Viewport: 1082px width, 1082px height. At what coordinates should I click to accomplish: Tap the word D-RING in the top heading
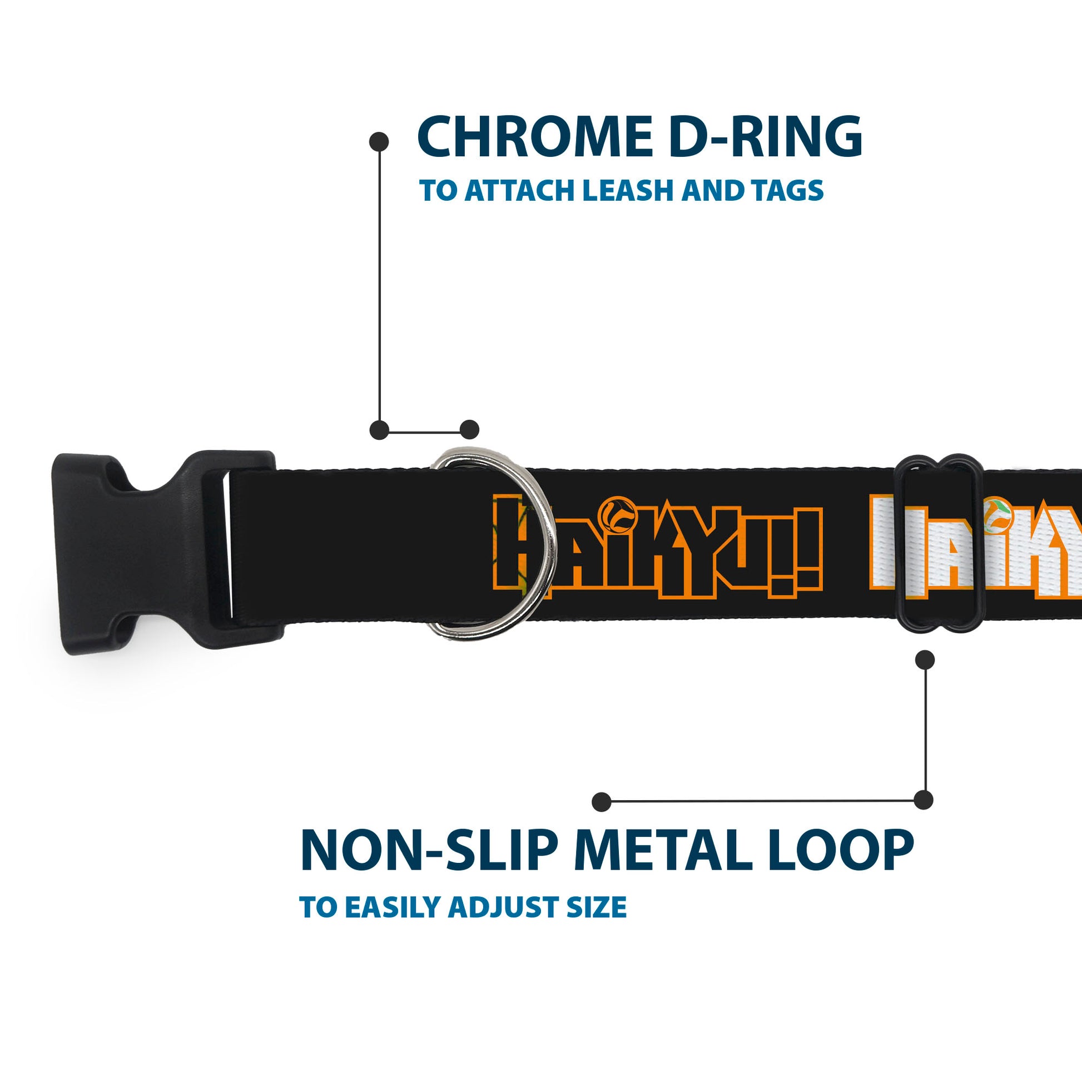click(765, 137)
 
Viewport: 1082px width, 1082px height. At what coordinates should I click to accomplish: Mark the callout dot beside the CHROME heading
click(379, 142)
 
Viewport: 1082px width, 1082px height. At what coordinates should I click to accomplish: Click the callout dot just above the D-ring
click(469, 430)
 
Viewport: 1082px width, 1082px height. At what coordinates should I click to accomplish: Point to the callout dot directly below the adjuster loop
click(925, 660)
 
